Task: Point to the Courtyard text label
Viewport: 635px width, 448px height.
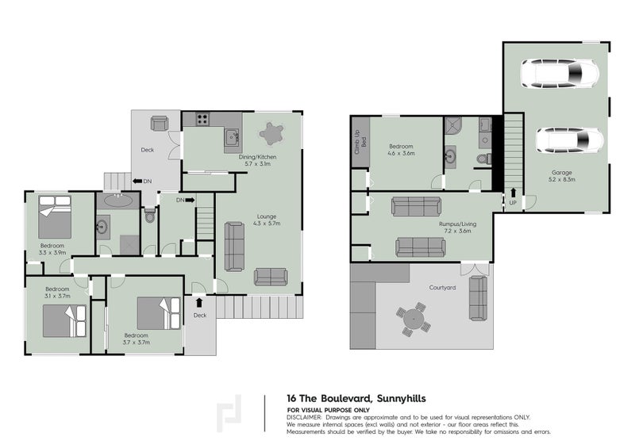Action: coord(442,288)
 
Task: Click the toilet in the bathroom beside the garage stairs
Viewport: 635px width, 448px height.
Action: coord(483,159)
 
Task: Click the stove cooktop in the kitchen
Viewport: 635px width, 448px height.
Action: coord(202,121)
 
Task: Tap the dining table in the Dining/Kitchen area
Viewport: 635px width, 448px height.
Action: coord(272,132)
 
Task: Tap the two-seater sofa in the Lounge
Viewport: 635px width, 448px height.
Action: coord(271,277)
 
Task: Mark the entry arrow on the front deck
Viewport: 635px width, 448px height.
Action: coord(198,302)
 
